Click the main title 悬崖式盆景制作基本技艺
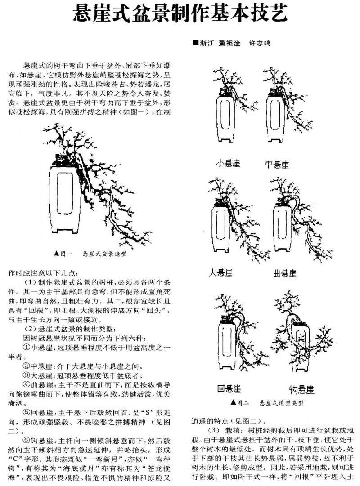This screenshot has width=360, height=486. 180,15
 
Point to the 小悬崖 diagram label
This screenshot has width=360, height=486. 228,164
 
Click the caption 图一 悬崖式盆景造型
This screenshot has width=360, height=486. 90,254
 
